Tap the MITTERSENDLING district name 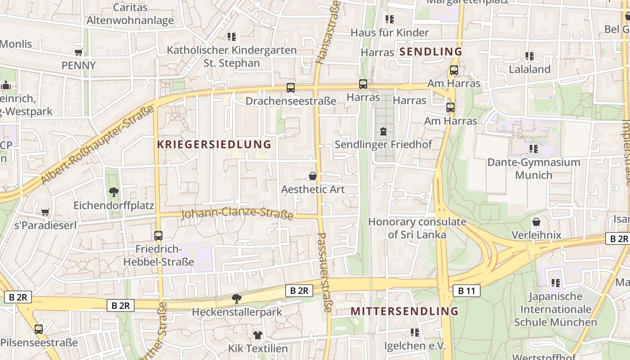[x=404, y=311]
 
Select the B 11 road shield [x=466, y=291]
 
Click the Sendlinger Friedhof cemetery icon [x=383, y=131]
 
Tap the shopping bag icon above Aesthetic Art [x=313, y=176]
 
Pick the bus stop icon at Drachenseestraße [x=291, y=88]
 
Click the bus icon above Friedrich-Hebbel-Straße [x=158, y=235]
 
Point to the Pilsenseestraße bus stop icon [x=39, y=329]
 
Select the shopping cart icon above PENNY [x=79, y=52]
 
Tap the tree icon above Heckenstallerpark [x=236, y=298]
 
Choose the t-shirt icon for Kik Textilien [x=257, y=335]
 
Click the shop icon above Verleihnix [x=536, y=222]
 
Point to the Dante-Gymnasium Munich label [x=534, y=168]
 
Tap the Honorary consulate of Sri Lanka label [x=417, y=228]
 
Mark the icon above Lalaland [x=529, y=56]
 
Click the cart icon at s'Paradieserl [x=45, y=212]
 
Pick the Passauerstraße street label [x=325, y=272]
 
